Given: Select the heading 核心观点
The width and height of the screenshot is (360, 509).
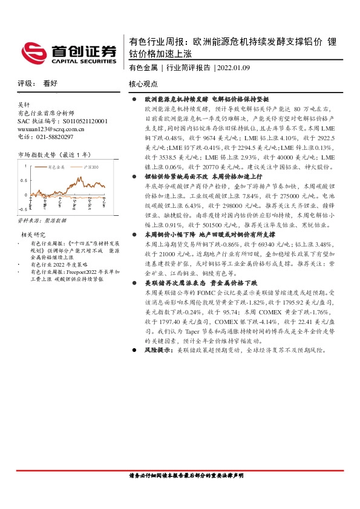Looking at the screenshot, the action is pyautogui.click(x=143, y=84).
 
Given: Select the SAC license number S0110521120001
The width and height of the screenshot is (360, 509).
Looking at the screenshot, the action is pyautogui.click(x=71, y=121).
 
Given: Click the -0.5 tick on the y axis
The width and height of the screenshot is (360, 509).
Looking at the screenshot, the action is pyautogui.click(x=22, y=208).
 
